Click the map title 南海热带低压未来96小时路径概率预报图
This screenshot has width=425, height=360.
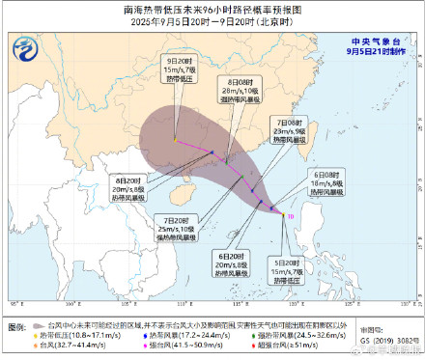tap(212, 9)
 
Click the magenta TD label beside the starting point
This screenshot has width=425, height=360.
tap(291, 217)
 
